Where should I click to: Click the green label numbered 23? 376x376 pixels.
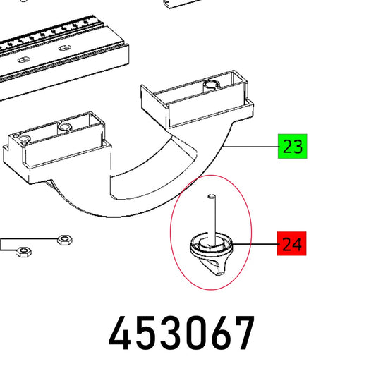pyautogui.click(x=292, y=146)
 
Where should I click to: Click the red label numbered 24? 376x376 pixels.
pyautogui.click(x=292, y=243)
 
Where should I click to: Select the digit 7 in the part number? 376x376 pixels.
pyautogui.click(x=243, y=332)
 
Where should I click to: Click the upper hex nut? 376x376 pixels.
pyautogui.click(x=65, y=240)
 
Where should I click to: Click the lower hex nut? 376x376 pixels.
pyautogui.click(x=23, y=252)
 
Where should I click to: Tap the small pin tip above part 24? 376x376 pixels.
pyautogui.click(x=212, y=196)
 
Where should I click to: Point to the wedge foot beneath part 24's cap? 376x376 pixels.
pyautogui.click(x=214, y=265)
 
